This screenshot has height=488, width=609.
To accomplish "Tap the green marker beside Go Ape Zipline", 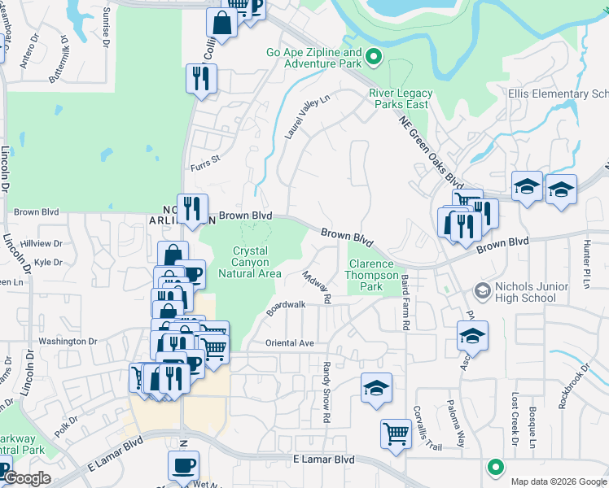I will click(x=374, y=56).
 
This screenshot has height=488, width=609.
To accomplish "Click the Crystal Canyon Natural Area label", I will click(x=257, y=263).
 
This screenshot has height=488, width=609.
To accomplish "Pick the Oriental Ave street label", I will click(x=289, y=343).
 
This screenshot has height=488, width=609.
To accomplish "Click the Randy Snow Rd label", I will click(x=326, y=392).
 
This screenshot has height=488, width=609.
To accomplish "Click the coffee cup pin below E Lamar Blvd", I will click(x=183, y=465).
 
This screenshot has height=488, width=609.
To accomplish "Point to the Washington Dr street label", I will click(x=68, y=342).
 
